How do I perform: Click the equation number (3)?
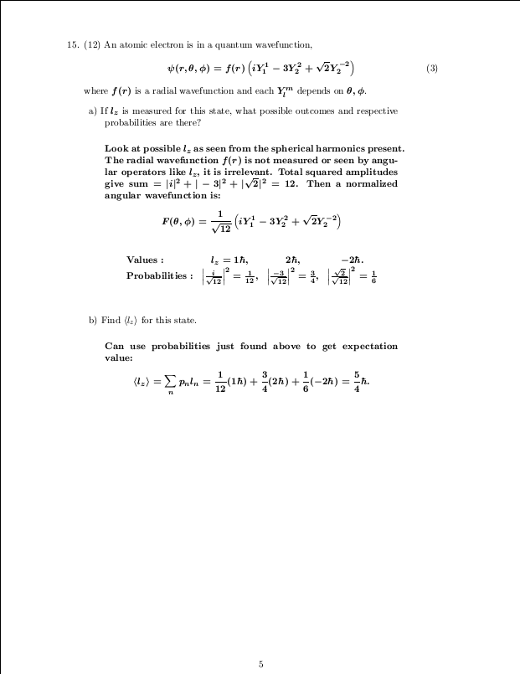pyautogui.click(x=431, y=68)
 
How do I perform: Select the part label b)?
pyautogui.click(x=93, y=320)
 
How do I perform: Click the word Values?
pyautogui.click(x=144, y=260)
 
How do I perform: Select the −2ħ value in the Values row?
pyautogui.click(x=352, y=260)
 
